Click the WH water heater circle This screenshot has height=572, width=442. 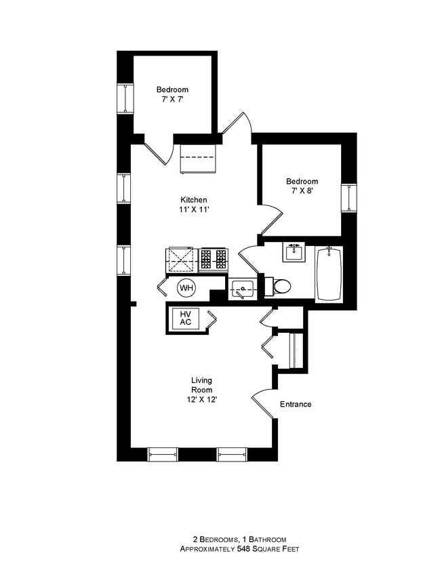point(186,288)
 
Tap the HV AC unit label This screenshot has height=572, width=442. point(186,318)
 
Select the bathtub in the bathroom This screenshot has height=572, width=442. point(329,274)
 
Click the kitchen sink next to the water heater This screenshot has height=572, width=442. point(242,289)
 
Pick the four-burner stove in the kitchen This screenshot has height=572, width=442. point(214,260)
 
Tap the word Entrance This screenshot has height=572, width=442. point(296,404)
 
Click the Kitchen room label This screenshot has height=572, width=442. point(194,200)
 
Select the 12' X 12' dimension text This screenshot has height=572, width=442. point(202,399)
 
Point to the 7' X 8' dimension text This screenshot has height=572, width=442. point(302,191)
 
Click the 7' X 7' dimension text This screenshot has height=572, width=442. point(172,99)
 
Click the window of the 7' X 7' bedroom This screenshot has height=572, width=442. point(125,99)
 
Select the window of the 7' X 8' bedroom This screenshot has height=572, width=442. point(349,198)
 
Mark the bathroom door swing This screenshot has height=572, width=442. point(249,259)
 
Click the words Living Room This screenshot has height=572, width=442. point(202,385)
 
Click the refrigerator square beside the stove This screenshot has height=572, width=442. point(180,260)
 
